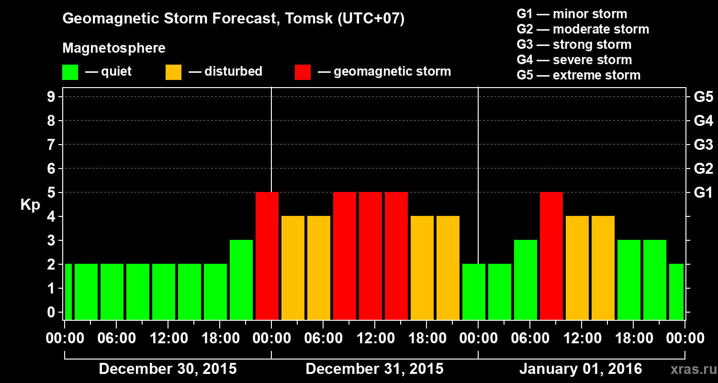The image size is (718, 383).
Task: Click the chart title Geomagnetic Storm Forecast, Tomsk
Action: point(234,19)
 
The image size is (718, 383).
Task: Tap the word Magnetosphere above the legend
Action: point(114,48)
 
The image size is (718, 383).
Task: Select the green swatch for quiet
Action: point(70,72)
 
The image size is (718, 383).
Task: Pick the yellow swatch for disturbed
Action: point(173,72)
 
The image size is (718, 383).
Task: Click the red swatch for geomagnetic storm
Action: point(303,72)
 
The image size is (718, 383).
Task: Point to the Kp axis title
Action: point(30,205)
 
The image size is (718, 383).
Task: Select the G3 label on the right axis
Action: point(703,145)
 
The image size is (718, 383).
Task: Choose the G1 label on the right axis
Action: point(703,192)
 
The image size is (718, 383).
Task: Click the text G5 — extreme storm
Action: point(578,75)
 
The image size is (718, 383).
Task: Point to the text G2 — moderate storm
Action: point(583,29)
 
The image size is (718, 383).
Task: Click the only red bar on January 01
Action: point(551,256)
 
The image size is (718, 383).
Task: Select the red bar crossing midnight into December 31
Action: point(267,256)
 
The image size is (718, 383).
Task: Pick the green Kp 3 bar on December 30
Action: point(241,280)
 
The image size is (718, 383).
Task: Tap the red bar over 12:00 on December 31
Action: point(370,256)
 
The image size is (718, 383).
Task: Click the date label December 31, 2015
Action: point(374,369)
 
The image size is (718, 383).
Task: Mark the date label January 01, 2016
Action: point(580,369)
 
